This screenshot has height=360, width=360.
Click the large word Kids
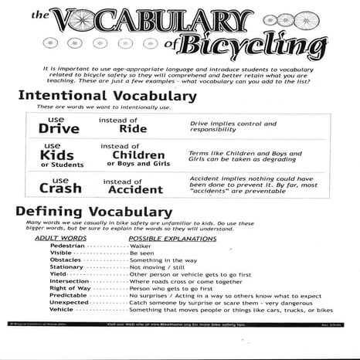coord(57,155)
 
